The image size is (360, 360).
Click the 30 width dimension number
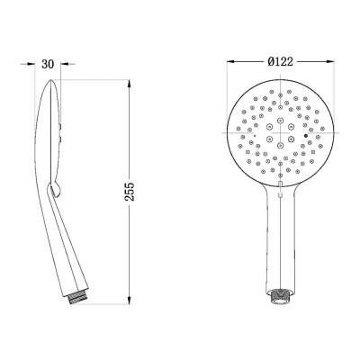[x=48, y=64]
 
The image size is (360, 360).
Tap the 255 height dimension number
[x=130, y=192]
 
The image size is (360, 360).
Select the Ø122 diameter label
[x=280, y=61]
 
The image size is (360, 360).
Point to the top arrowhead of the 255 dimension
[x=130, y=84]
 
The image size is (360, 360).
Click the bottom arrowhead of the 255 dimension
[x=130, y=301]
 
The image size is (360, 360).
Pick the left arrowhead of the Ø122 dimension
[x=230, y=61]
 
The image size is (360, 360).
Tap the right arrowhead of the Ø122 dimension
[x=330, y=61]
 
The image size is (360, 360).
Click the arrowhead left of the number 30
[x=31, y=64]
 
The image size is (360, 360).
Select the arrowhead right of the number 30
[x=64, y=64]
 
